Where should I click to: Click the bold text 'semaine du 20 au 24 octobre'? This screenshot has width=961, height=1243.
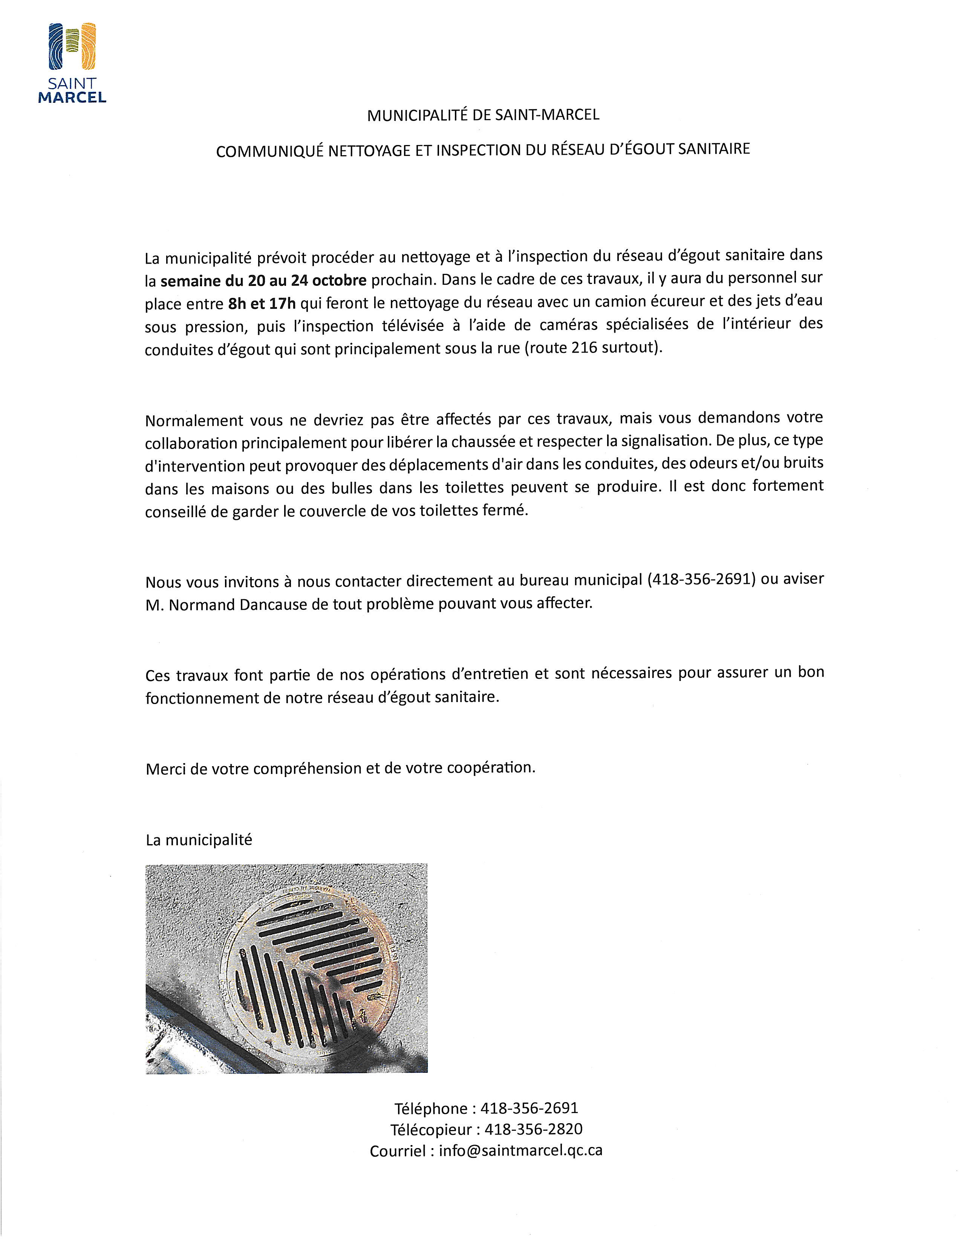point(263,281)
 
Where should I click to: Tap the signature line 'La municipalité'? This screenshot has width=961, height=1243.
point(199,840)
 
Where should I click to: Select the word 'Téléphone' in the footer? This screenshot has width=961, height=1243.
point(431,1109)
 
